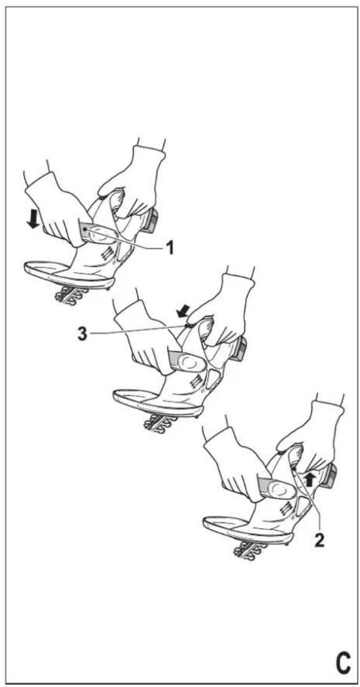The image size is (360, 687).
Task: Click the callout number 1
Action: [x=168, y=249]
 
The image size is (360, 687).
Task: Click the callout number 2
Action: [x=319, y=541]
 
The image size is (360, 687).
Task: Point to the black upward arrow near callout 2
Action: [x=310, y=480]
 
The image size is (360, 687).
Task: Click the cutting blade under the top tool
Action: [x=71, y=295]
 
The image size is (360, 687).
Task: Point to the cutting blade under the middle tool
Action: [x=161, y=423]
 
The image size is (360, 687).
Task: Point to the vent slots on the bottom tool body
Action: [x=284, y=508]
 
